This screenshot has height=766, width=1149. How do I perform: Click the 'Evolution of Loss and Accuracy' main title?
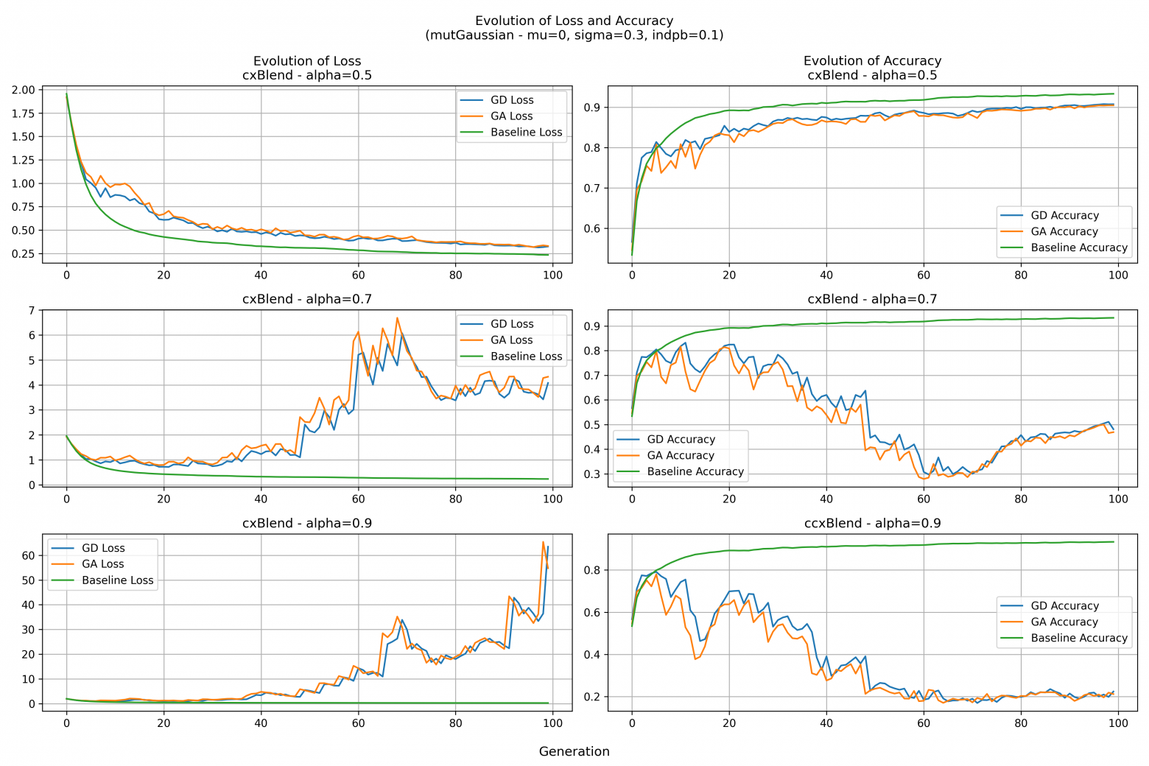click(574, 21)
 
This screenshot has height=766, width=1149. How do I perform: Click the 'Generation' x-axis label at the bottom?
click(574, 751)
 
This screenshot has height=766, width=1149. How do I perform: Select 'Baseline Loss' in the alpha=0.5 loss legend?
click(526, 133)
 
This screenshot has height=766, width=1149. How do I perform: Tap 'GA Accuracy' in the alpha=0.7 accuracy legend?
click(680, 455)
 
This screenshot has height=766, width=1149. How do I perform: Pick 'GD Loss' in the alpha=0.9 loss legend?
click(103, 548)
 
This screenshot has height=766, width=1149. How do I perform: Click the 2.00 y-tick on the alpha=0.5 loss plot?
click(23, 90)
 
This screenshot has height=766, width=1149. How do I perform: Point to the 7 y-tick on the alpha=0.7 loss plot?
click(31, 310)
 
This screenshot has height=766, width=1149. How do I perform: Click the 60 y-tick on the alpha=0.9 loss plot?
click(28, 555)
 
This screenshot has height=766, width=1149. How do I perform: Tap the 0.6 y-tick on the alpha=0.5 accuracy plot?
click(591, 228)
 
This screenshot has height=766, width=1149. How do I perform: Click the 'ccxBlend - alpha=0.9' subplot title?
click(872, 523)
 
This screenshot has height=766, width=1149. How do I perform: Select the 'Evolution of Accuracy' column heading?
click(872, 61)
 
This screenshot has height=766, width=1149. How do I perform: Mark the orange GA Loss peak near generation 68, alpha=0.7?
click(397, 318)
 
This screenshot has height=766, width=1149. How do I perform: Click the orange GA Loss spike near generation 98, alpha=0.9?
click(543, 543)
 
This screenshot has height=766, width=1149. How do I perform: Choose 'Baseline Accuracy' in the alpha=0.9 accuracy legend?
click(1078, 638)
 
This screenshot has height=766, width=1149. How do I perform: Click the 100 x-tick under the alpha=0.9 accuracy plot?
click(1118, 723)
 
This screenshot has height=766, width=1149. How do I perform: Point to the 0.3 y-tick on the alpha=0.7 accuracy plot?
click(591, 474)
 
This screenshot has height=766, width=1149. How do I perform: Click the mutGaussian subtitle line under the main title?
click(574, 35)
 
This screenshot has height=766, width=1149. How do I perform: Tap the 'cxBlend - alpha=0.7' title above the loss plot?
click(306, 299)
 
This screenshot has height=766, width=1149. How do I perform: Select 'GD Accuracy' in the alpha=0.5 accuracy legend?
click(1064, 215)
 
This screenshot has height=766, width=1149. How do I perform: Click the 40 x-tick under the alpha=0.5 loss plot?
click(261, 275)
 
